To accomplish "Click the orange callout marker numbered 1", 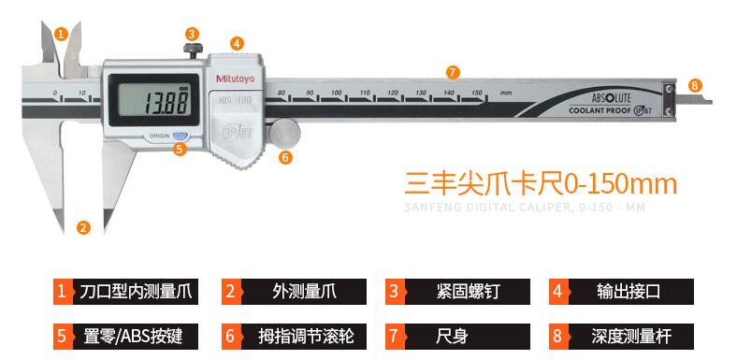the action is [x=61, y=34].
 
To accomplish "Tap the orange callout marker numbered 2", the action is [x=83, y=226].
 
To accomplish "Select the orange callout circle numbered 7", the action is [x=453, y=71].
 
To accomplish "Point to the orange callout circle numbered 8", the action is [x=694, y=85].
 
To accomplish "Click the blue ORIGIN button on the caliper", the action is [x=180, y=136].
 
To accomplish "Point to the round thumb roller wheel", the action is [x=282, y=131].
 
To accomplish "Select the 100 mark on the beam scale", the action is [x=337, y=94].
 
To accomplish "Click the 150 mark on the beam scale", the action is [x=476, y=94].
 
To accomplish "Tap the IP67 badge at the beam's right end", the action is [x=643, y=110].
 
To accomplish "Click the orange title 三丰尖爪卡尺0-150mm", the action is [x=540, y=181].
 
